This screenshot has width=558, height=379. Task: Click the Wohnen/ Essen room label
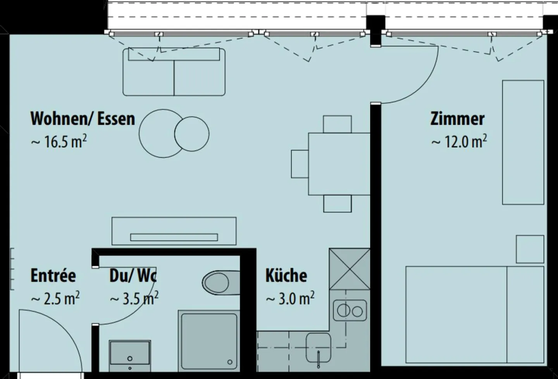pos(83,119)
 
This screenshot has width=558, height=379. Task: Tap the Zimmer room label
pos(457,119)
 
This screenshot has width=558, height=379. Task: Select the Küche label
pos(286,276)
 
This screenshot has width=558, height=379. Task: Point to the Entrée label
pos(53,276)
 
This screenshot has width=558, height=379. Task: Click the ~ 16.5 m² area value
pos(59,142)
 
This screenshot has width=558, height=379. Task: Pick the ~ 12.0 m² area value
pos(459,142)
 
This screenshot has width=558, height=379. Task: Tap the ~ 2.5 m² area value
pos(55,299)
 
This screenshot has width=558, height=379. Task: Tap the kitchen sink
pos(319,348)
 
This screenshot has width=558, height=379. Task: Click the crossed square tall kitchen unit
pos(350,269)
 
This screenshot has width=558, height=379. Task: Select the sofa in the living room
pos(174,72)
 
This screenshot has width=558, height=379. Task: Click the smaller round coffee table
pos(192,134)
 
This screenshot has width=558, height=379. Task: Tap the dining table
pos(339,164)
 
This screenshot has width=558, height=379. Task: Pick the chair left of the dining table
pos(300,164)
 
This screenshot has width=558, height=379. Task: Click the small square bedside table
pos(530,249)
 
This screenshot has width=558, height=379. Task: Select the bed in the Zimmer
pos(475,314)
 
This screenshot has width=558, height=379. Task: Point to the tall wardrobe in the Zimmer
pos(523,142)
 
